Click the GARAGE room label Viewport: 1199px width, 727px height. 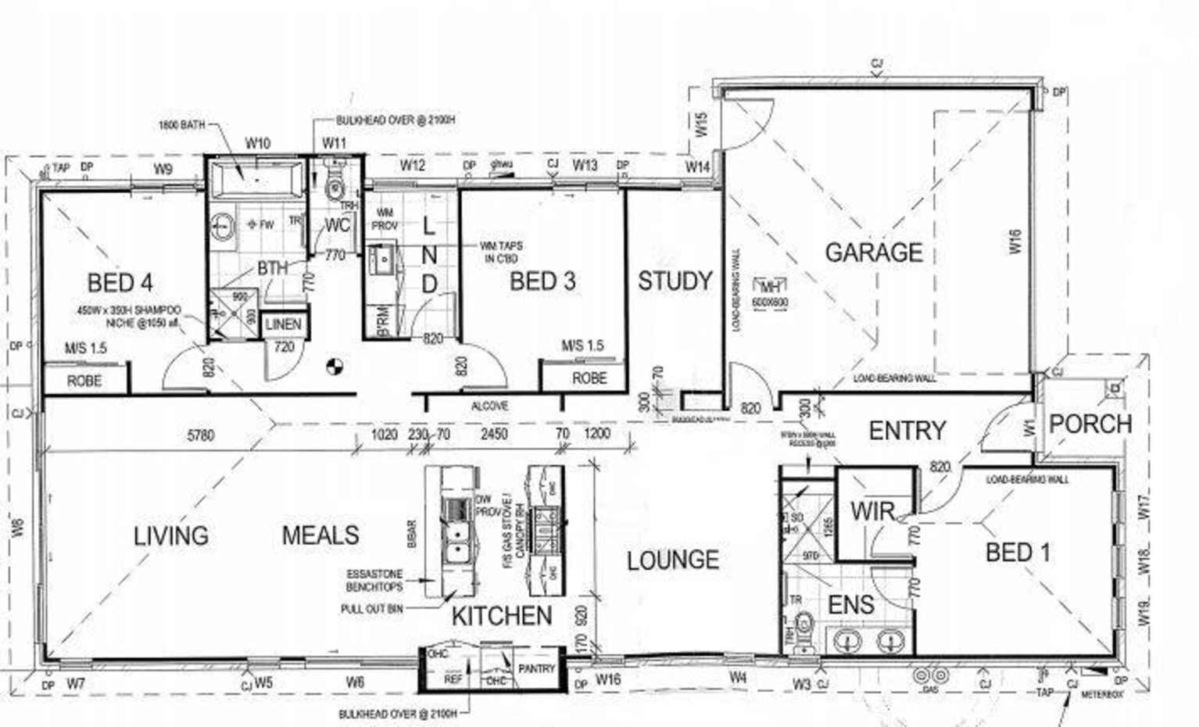(x=873, y=252)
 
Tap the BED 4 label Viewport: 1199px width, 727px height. (x=120, y=282)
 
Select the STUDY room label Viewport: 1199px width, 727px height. (x=675, y=281)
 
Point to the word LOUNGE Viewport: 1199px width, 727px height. (x=672, y=560)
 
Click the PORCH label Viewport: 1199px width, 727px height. (x=1090, y=424)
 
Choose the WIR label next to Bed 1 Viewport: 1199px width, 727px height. (x=872, y=512)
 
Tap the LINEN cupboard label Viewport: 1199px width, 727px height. (x=283, y=324)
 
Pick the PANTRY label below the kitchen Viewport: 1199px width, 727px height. (x=536, y=668)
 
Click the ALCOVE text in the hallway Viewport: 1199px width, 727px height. (x=490, y=406)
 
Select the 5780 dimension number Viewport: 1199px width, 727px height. (x=200, y=435)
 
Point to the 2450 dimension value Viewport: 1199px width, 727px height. (x=494, y=434)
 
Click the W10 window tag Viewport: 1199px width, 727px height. (x=257, y=143)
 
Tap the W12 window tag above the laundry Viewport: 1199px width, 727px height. (x=412, y=165)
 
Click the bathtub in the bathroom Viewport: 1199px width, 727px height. (x=256, y=178)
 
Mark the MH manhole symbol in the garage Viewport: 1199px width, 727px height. (x=769, y=287)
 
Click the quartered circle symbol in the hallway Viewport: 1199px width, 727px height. (x=334, y=365)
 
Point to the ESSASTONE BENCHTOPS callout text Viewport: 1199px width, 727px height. (x=374, y=580)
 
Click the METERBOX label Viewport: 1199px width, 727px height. (x=1102, y=694)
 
